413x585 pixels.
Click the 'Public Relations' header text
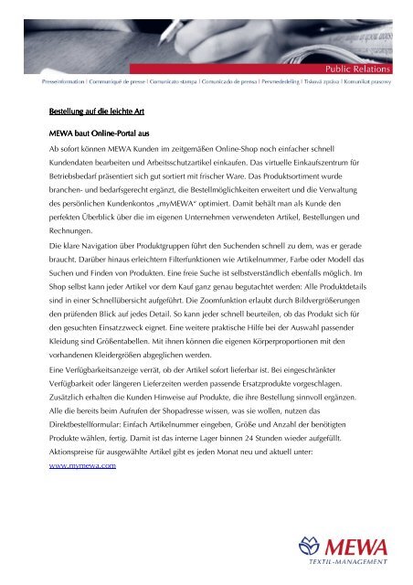tap(365, 68)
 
